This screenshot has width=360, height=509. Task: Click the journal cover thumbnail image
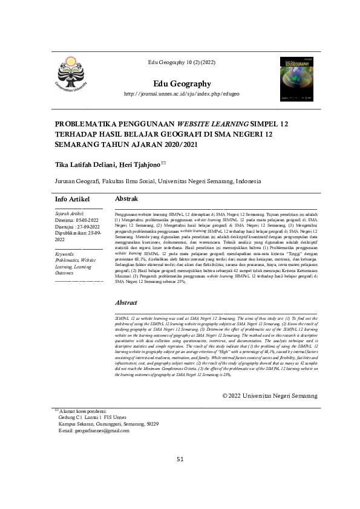point(297,79)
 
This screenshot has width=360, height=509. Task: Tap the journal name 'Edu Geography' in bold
point(182,83)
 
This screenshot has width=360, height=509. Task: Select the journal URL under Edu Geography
point(182,94)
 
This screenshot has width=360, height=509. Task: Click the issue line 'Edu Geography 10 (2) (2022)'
point(182,63)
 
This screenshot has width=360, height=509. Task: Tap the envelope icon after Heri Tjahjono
point(163,163)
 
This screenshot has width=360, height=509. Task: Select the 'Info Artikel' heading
point(72,199)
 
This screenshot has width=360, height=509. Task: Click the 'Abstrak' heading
point(126,199)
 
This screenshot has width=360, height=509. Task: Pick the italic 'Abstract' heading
point(126,302)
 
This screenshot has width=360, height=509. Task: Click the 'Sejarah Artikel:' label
point(70,214)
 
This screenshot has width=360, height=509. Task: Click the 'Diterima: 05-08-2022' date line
point(76,221)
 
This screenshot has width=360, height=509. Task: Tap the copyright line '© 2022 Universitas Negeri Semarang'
point(269,361)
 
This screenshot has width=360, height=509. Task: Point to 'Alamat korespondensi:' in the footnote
point(80,377)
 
